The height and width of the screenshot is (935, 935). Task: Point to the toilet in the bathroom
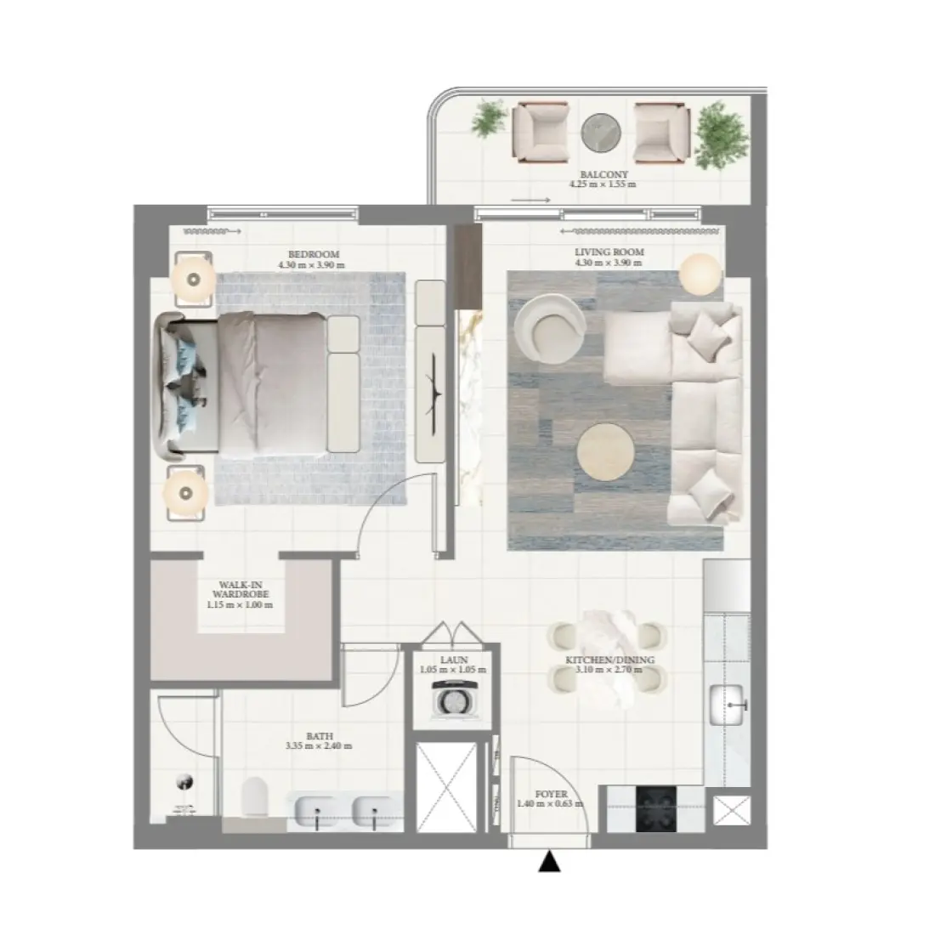pyautogui.click(x=254, y=799)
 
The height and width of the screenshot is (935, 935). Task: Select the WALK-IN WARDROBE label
pyautogui.click(x=239, y=590)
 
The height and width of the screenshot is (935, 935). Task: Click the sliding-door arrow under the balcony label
pyautogui.click(x=530, y=201)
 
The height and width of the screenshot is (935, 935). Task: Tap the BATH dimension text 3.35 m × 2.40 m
pyautogui.click(x=320, y=746)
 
